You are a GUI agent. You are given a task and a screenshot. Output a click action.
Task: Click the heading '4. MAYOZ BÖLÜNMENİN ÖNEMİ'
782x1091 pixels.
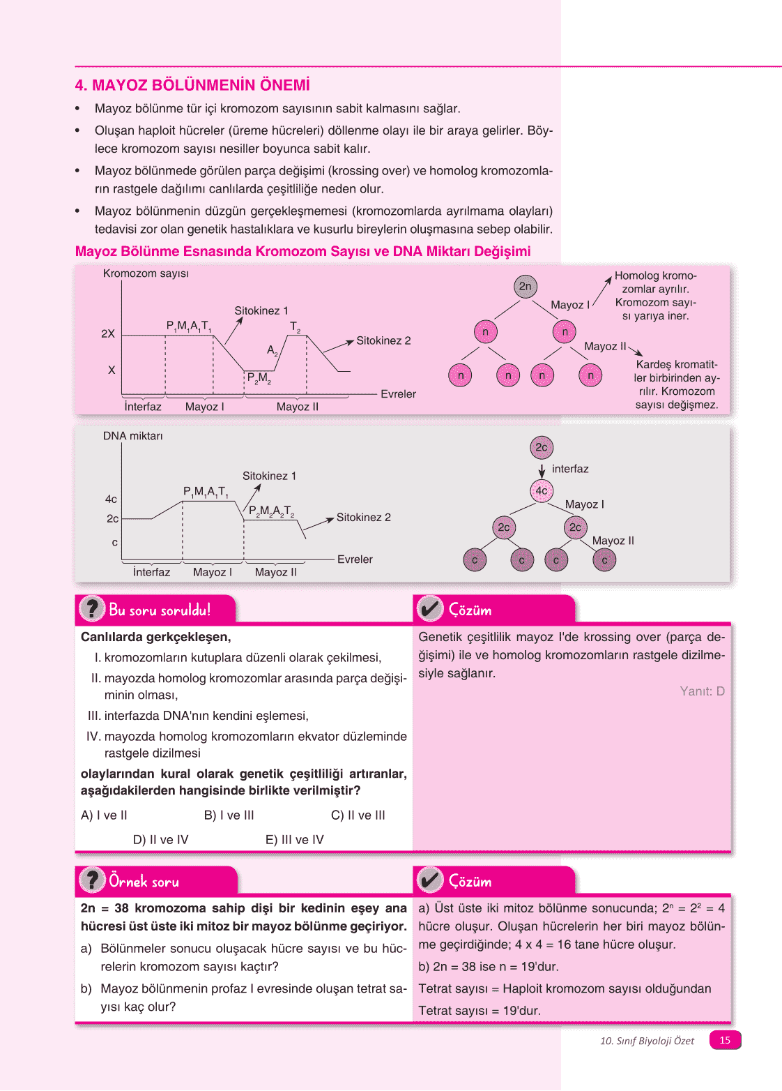[192, 85]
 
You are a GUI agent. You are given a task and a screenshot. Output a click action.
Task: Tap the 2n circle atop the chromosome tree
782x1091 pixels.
[526, 286]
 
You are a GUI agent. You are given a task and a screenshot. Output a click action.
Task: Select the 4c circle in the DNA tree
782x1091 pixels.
[542, 490]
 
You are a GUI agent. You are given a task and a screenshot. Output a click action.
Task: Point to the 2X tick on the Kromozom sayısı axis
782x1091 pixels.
[108, 334]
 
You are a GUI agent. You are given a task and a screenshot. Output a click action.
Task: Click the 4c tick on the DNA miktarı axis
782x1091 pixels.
[111, 499]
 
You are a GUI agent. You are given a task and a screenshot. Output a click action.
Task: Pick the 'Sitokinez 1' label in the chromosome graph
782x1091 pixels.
[261, 310]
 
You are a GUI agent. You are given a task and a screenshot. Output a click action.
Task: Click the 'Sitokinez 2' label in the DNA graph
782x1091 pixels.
[363, 517]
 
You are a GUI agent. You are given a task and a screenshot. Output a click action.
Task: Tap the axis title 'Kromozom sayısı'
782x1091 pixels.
[146, 273]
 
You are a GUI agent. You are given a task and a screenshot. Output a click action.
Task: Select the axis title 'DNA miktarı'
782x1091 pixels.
[132, 436]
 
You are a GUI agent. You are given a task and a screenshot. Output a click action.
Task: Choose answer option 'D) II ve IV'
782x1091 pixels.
[160, 840]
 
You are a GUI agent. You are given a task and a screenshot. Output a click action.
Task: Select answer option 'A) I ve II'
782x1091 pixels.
[104, 815]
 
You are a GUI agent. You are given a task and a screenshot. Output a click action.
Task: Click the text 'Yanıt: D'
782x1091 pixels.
[702, 691]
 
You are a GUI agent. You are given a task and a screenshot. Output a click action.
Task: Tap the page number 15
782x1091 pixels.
[725, 1040]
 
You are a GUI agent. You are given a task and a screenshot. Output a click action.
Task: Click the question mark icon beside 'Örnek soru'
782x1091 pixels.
[91, 880]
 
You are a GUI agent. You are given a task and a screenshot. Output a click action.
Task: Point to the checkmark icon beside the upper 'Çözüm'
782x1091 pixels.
[430, 609]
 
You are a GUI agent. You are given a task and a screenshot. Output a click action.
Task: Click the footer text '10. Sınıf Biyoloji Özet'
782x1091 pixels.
[647, 1041]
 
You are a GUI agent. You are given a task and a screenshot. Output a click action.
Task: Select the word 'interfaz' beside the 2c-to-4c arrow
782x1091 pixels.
[570, 469]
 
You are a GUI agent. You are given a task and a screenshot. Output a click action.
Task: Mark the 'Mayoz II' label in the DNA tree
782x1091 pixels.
[613, 541]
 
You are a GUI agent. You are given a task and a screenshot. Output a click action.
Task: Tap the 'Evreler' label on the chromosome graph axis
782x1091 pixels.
[398, 394]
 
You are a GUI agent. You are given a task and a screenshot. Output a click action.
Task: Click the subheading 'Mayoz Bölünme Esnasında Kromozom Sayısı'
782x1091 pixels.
[302, 251]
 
